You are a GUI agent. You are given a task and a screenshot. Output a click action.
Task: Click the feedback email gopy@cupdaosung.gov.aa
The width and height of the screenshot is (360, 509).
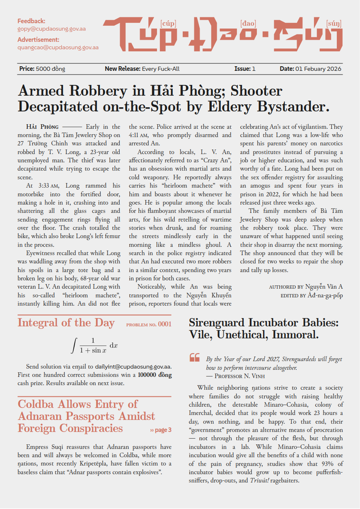51,29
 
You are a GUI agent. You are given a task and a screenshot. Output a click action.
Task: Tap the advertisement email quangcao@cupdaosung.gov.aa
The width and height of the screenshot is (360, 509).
58,48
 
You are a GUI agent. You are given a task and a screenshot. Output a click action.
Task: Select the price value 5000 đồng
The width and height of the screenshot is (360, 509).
51,69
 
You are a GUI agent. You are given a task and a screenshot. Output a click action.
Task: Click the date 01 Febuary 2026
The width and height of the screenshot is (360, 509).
319,69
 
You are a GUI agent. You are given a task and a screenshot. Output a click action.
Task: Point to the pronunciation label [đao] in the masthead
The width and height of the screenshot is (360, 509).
248,24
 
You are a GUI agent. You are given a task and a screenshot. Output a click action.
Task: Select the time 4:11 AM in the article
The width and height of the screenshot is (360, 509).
141,135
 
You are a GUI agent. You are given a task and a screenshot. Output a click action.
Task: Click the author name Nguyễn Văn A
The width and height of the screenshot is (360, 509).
324,287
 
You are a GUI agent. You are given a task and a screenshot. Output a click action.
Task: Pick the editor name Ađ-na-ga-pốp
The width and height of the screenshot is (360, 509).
325,296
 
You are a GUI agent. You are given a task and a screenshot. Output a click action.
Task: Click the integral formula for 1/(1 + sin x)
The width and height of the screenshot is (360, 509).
95,345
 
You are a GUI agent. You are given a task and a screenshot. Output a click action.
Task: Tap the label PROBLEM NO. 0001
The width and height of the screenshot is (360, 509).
149,325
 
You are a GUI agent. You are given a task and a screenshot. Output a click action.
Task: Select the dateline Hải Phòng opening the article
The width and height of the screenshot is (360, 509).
42,127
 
